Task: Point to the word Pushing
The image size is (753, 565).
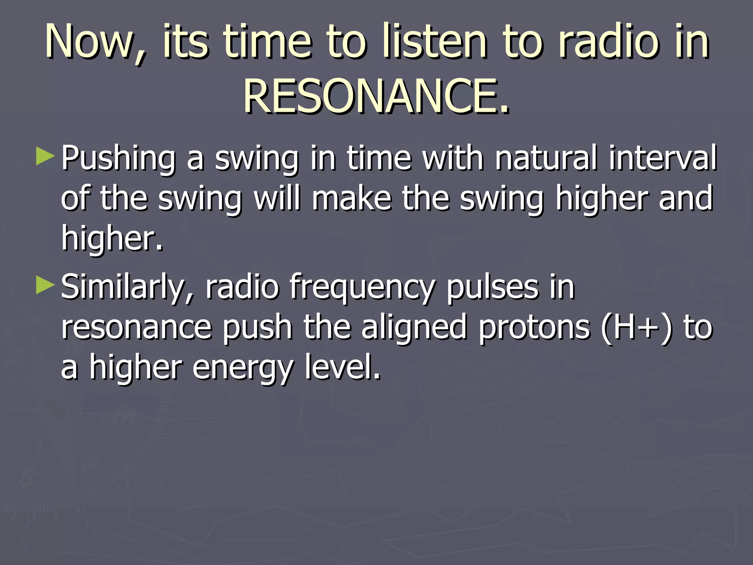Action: click(x=118, y=159)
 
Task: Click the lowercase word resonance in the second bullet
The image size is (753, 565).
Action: click(x=136, y=327)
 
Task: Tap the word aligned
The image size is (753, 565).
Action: click(x=414, y=327)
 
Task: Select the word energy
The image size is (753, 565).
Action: click(x=243, y=368)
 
